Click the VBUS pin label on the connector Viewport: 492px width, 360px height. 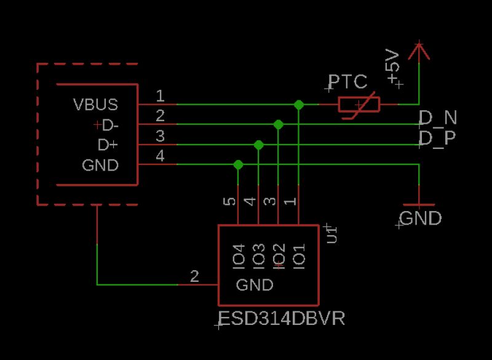95,104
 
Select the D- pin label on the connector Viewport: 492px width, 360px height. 109,126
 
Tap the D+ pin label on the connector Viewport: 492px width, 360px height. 108,145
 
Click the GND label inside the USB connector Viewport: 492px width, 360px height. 100,166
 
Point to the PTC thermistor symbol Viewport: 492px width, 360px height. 359,105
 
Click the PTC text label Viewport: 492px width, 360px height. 347,82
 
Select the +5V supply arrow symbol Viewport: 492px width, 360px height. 419,53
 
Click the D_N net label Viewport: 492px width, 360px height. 438,118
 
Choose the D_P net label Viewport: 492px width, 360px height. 437,138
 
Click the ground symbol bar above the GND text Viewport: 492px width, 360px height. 418,204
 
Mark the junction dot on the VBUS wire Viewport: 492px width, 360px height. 299,105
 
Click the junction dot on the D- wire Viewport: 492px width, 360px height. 279,124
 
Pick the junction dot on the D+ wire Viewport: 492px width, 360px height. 258,145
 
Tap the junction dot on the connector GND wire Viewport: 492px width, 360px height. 238,164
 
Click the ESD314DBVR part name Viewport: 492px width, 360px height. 282,319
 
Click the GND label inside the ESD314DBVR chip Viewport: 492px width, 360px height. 255,286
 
